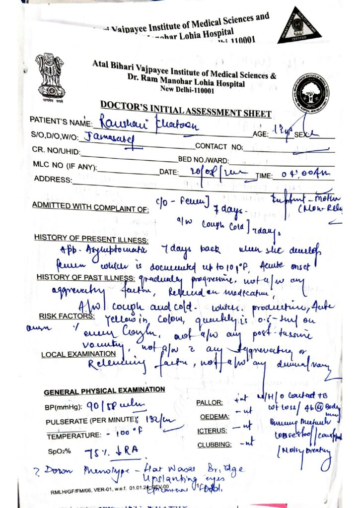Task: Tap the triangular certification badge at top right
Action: click(x=298, y=26)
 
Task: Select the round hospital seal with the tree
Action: click(x=309, y=92)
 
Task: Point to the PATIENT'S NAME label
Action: click(x=61, y=122)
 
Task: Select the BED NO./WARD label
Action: click(x=204, y=160)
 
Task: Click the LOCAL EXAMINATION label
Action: click(x=78, y=355)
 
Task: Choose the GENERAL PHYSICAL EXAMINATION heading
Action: click(x=104, y=391)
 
